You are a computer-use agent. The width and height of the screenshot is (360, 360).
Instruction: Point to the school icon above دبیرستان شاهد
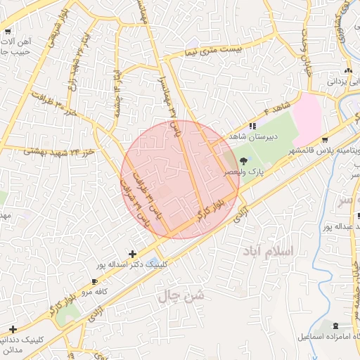click(x=252, y=126)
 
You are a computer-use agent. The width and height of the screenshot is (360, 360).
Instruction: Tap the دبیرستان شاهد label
click(x=256, y=136)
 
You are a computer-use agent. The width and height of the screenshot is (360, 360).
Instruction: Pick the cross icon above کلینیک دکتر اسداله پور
click(x=132, y=254)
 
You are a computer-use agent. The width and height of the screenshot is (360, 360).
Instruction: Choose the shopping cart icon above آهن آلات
click(x=8, y=32)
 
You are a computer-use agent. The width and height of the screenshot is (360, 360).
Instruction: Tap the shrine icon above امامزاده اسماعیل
click(x=335, y=326)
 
